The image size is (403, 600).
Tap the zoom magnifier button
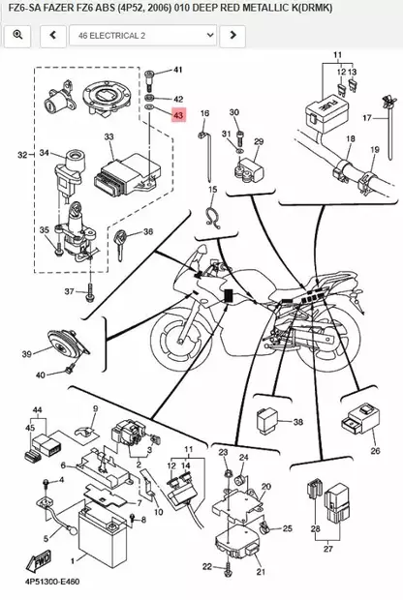[x=17, y=36]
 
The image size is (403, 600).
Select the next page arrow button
[x=232, y=36]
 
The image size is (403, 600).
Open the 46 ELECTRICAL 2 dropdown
[x=142, y=36]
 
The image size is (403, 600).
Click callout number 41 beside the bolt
[x=177, y=71]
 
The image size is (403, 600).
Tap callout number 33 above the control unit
[x=109, y=137]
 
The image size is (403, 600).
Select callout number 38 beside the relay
[x=298, y=422]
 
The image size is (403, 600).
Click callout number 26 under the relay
[x=373, y=450]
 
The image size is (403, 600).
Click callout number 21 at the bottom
[x=260, y=572]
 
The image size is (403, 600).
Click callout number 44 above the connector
[x=38, y=411]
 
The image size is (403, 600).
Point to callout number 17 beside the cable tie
[x=367, y=118]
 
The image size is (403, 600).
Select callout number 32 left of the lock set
[x=21, y=155]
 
